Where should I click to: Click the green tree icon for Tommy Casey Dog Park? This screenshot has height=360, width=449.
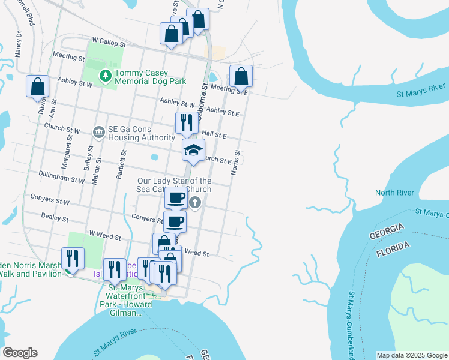[106, 76]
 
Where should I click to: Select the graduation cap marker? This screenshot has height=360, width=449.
[193, 151]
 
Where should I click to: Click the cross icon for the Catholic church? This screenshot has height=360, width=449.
[194, 203]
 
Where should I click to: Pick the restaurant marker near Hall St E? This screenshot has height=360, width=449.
[186, 123]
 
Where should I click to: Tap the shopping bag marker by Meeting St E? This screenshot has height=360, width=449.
[241, 77]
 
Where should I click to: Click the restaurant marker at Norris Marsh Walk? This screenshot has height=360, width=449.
[73, 259]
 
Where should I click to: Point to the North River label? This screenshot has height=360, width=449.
[394, 193]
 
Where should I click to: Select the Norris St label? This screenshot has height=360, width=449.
[235, 162]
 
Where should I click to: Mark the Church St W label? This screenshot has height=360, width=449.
[62, 128]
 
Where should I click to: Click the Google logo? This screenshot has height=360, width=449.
[20, 353]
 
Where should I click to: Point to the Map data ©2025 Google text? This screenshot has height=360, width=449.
[411, 355]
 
